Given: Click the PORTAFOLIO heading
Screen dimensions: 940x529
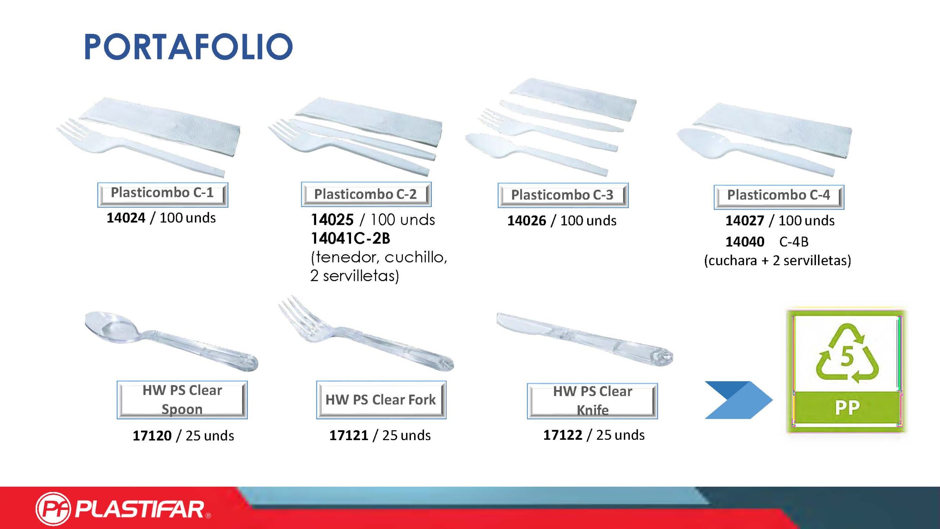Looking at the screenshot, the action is (188, 47).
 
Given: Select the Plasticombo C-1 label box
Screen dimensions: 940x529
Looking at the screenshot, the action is (163, 194).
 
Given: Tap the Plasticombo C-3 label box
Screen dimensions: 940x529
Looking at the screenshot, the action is (563, 195).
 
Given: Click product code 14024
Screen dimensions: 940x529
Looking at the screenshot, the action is (126, 218).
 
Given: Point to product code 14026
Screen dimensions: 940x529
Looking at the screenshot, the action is (527, 220).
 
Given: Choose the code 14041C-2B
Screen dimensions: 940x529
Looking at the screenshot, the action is (350, 238).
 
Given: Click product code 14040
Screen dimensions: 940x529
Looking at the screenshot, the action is (745, 242).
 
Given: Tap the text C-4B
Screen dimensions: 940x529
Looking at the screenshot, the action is (794, 242).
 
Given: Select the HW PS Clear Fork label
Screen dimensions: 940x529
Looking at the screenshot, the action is (381, 400).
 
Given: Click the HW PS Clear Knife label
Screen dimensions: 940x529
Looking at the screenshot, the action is (592, 401).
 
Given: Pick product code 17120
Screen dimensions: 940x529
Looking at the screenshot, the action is (152, 436).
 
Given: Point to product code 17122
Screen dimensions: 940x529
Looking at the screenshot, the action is (563, 435).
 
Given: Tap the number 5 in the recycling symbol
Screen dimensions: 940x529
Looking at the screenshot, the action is (847, 356).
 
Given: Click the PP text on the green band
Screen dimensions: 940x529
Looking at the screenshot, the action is (847, 408).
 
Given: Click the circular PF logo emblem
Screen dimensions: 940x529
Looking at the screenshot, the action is (53, 509).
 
